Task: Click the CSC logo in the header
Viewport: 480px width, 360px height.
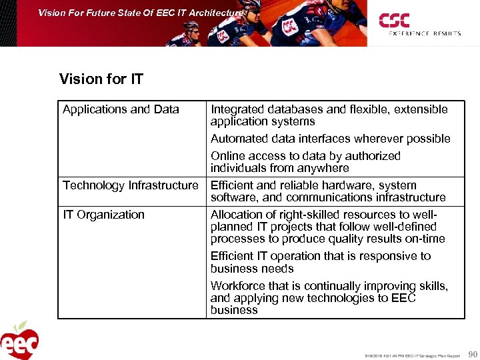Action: tap(394, 20)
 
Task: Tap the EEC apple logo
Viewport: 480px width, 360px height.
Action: tap(19, 341)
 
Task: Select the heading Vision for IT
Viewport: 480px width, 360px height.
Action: tap(101, 80)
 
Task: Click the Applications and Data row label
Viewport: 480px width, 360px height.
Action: tap(121, 109)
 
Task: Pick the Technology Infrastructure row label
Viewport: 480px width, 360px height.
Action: tap(131, 185)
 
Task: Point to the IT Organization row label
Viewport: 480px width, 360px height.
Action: tap(103, 215)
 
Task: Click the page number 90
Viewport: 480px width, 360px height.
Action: tap(473, 354)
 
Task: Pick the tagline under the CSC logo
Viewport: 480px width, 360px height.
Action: tap(425, 33)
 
